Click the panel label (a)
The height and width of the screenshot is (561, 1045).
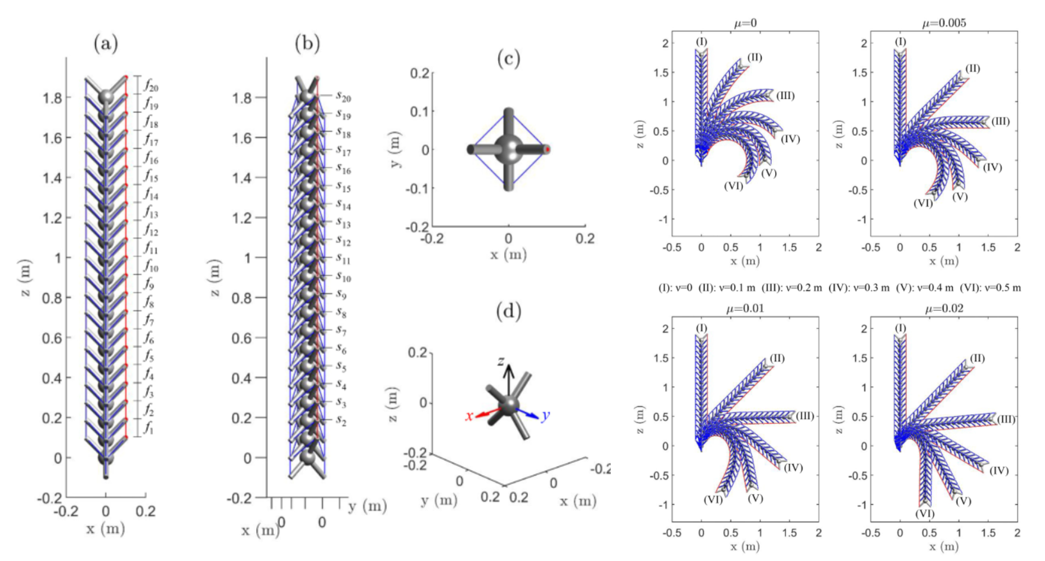tap(106, 44)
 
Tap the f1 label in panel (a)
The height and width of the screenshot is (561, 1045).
tap(149, 428)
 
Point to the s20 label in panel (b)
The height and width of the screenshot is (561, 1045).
tap(343, 97)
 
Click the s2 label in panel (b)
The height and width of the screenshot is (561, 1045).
tap(341, 420)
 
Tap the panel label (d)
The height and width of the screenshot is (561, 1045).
tap(508, 311)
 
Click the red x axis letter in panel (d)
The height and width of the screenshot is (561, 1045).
tap(469, 416)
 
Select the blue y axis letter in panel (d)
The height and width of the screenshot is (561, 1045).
tap(545, 416)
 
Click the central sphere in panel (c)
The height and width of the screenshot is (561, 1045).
tap(509, 149)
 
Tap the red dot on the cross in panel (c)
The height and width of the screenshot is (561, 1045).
tap(548, 149)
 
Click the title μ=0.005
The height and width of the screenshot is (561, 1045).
tap(943, 23)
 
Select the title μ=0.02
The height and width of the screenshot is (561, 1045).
tap(943, 309)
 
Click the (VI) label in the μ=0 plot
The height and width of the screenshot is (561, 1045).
tap(733, 186)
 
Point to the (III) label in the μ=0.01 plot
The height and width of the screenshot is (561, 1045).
tap(805, 416)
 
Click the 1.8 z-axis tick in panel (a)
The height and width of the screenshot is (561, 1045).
tap(52, 98)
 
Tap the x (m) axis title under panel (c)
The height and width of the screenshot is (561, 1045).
tap(508, 255)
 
